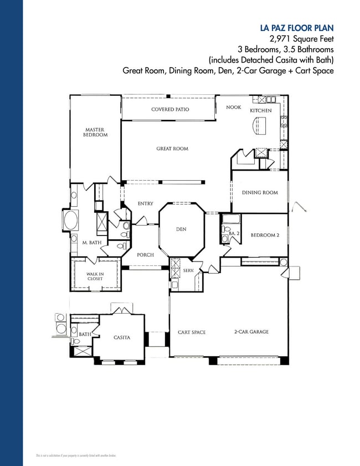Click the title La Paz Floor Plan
point(297,28)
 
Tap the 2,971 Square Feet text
point(301,39)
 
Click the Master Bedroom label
point(95,132)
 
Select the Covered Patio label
point(170,110)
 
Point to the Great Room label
point(172,149)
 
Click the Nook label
point(234,107)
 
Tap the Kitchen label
point(261,111)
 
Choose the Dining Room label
point(260,193)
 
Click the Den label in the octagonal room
point(181,229)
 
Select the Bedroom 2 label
point(265,235)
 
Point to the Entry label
point(145,204)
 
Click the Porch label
point(145,255)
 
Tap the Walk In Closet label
point(95,276)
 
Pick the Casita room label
point(122,338)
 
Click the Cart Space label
point(192,332)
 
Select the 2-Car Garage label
point(251,332)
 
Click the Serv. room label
point(188,270)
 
